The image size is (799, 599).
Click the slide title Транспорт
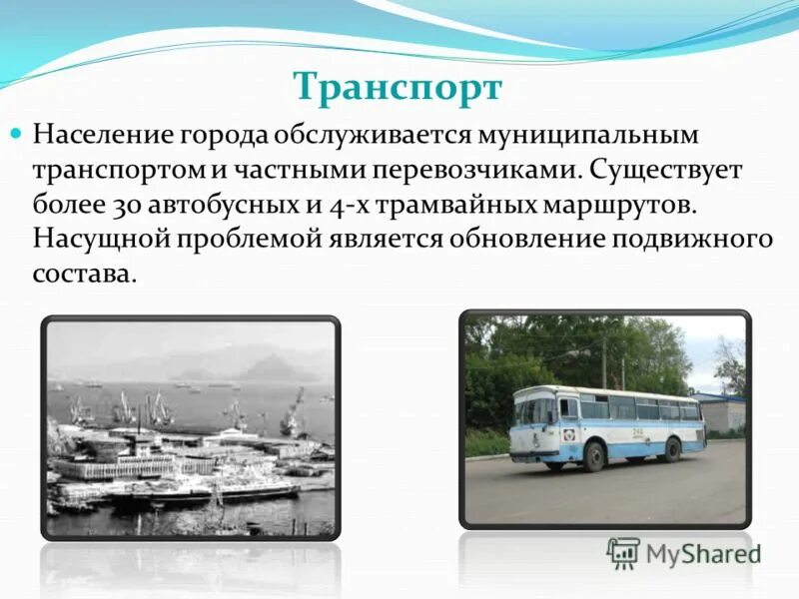tap(398, 87)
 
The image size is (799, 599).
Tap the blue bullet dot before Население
tap(16, 133)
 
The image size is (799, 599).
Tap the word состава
tap(84, 275)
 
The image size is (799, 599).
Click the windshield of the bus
tap(534, 410)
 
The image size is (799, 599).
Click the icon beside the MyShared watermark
tap(623, 552)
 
